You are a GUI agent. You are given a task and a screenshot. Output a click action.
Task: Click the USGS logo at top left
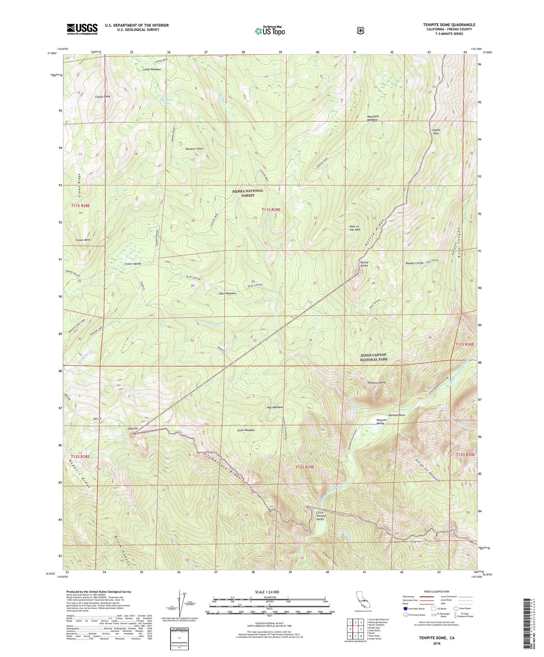pyautogui.click(x=82, y=29)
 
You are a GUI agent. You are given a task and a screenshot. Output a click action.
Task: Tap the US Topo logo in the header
pyautogui.click(x=269, y=31)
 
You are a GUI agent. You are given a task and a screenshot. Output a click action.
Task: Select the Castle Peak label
pyautogui.click(x=102, y=97)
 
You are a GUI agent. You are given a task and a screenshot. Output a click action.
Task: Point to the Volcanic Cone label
pyautogui.click(x=194, y=149)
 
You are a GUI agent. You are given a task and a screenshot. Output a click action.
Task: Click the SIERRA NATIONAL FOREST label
pyautogui.click(x=248, y=193)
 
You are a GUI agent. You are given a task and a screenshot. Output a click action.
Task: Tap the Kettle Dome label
pyautogui.click(x=364, y=264)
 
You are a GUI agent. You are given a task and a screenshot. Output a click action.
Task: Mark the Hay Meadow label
pyautogui.click(x=274, y=407)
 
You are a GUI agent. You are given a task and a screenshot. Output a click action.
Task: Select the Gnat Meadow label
pyautogui.click(x=246, y=430)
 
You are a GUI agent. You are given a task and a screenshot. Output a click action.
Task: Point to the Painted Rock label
pyautogui.click(x=396, y=415)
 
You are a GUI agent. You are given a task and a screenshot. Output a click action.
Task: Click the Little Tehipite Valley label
pyautogui.click(x=320, y=516)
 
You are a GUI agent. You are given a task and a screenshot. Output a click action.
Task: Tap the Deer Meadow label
pyautogui.click(x=227, y=293)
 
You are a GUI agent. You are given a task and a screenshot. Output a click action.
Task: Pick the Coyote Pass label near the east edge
pyautogui.click(x=436, y=132)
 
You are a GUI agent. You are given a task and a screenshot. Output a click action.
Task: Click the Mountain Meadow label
pyautogui.click(x=373, y=118)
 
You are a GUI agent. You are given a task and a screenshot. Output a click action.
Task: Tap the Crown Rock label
pyautogui.click(x=83, y=240)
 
